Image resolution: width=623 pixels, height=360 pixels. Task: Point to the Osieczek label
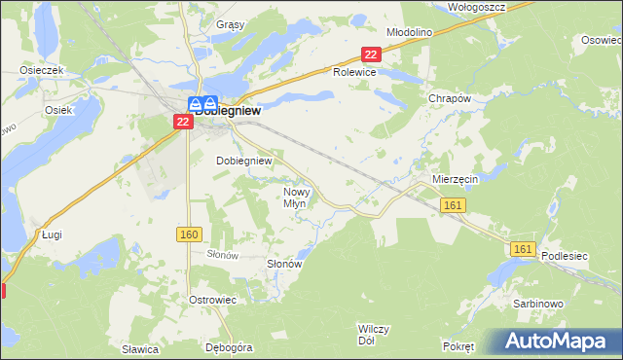(x=42, y=71)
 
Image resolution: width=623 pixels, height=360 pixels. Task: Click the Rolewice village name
(x=354, y=73)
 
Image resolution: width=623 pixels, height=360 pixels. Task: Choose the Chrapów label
(x=450, y=98)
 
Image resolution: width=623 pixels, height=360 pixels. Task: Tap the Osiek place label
(x=58, y=110)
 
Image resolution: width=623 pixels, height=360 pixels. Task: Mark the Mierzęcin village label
(x=454, y=180)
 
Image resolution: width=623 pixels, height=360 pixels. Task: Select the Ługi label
(x=53, y=234)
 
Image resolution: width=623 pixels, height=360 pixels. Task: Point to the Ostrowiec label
(x=213, y=300)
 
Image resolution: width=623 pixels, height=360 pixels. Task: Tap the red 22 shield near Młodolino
(x=370, y=55)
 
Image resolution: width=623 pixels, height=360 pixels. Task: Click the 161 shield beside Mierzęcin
(x=453, y=204)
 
